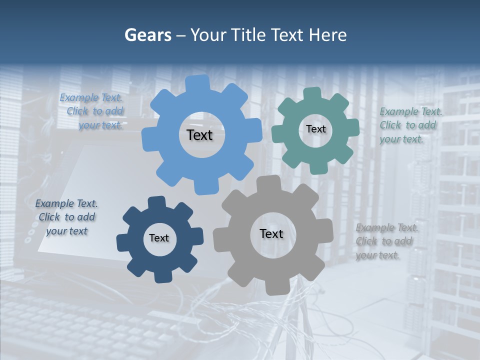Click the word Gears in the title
tap(147, 35)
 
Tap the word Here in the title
tap(327, 35)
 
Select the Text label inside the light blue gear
tap(199, 135)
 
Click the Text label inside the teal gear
tap(315, 129)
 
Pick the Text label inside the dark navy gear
tap(159, 238)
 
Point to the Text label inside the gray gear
tap(271, 233)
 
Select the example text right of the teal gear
tap(410, 125)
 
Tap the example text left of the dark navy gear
tap(66, 217)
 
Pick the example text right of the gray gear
tap(386, 241)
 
